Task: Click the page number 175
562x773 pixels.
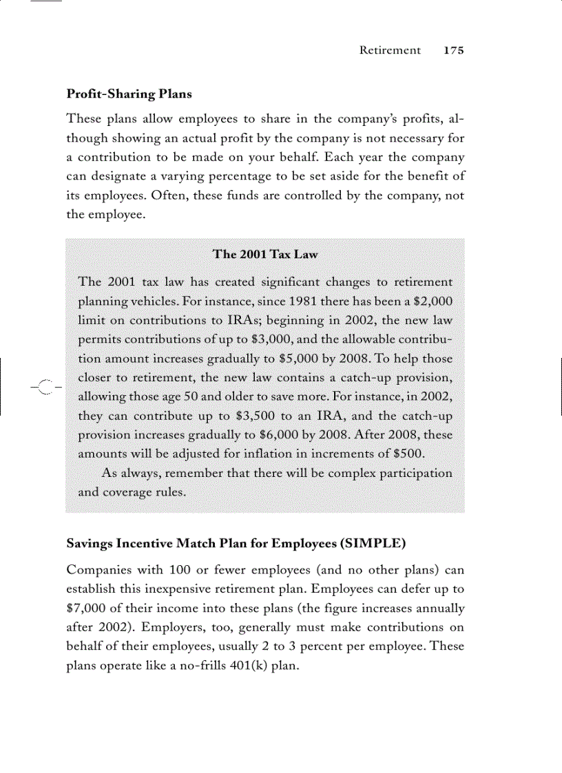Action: click(x=454, y=50)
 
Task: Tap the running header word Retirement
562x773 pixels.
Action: click(x=390, y=50)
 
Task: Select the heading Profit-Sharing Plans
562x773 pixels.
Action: click(x=129, y=94)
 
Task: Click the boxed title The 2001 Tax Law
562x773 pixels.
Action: click(x=265, y=254)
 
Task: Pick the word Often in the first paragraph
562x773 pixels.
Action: click(x=170, y=195)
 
